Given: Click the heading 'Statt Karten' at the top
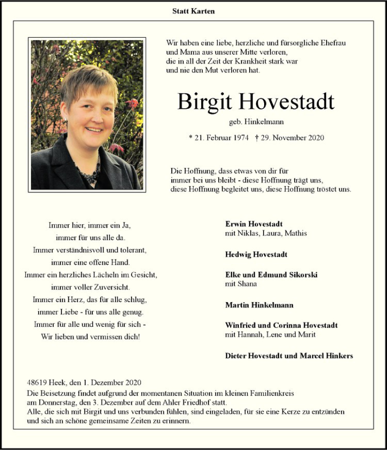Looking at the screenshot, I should [x=193, y=11].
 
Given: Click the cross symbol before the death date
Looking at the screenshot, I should [x=257, y=138].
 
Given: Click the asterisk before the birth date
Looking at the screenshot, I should [x=191, y=138].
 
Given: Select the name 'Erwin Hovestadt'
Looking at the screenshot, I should [x=254, y=224].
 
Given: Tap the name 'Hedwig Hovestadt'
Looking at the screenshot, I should [x=256, y=254].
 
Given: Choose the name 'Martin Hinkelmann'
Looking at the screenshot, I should [x=259, y=305].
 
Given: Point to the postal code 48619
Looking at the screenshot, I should [x=38, y=382].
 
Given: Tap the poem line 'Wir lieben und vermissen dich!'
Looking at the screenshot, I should [x=90, y=336].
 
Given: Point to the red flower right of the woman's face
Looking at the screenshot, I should [x=132, y=103].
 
